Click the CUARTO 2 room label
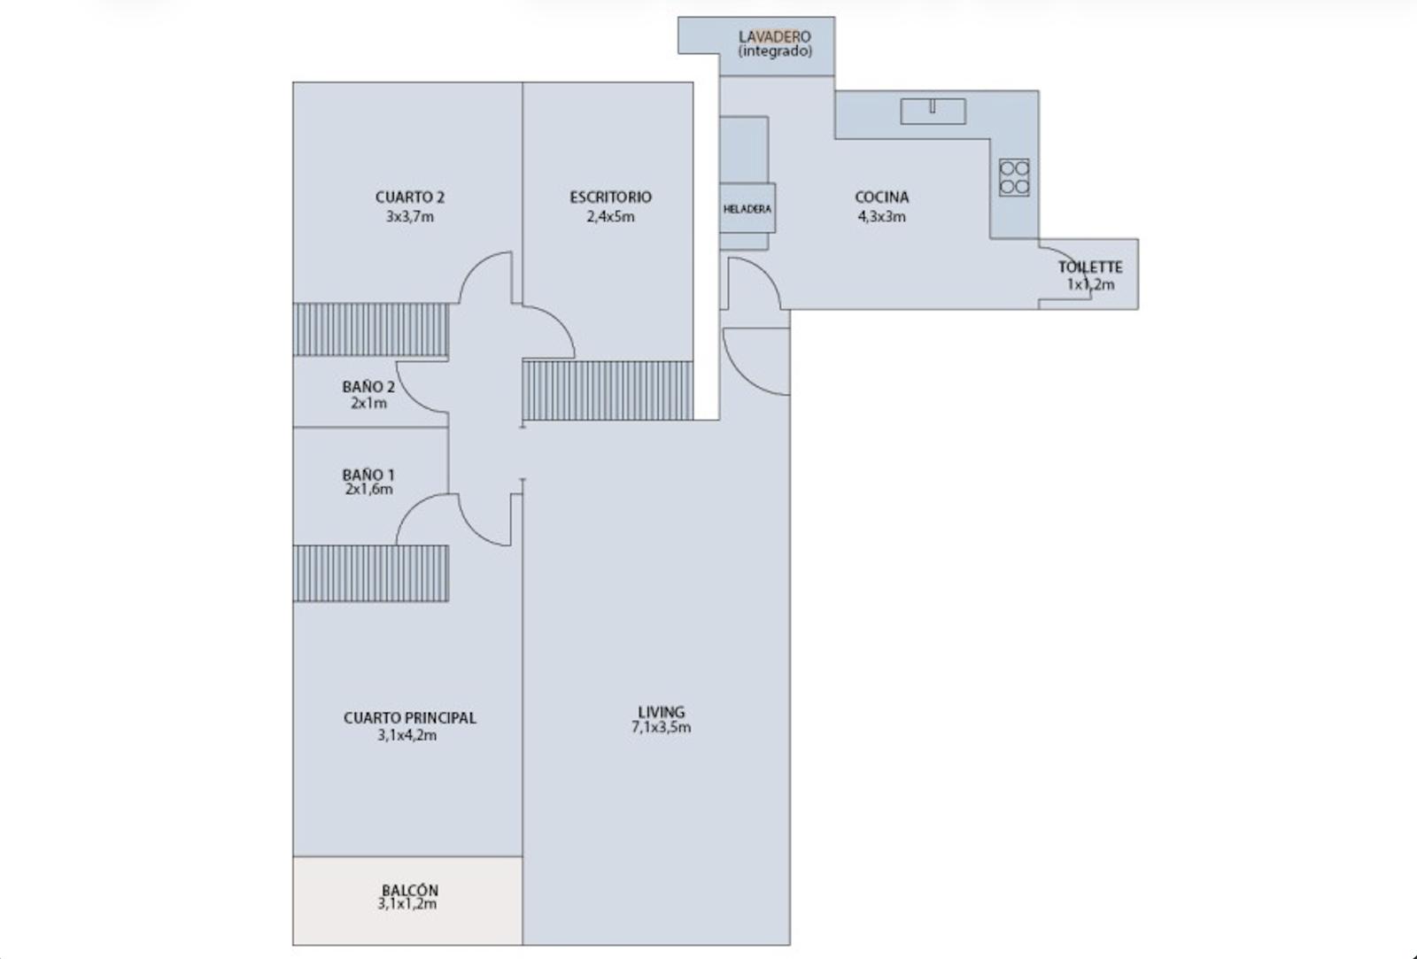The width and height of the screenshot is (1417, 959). [x=410, y=197]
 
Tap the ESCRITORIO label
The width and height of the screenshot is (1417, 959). [x=610, y=197]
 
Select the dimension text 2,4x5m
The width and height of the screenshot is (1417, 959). [x=610, y=217]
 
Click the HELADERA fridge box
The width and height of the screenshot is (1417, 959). [x=747, y=209]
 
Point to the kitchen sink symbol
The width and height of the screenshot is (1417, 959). [x=933, y=112]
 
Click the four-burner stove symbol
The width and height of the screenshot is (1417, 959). [x=1014, y=177]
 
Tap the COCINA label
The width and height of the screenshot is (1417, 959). [x=882, y=197]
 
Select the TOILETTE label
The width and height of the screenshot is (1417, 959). [x=1090, y=267]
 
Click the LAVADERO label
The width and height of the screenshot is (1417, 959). [x=775, y=36]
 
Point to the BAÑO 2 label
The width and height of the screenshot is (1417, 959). [x=368, y=386]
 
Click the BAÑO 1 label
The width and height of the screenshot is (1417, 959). [x=368, y=475]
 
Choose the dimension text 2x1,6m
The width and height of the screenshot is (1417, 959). [x=368, y=490]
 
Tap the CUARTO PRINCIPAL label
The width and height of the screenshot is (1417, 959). [x=410, y=718]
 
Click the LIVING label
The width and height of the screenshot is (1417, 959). [x=661, y=712]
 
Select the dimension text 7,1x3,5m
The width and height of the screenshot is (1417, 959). [x=661, y=728]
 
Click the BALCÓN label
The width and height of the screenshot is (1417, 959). [x=410, y=891]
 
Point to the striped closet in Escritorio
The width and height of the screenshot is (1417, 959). [x=608, y=391]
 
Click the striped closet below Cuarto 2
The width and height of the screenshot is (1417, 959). [x=371, y=329]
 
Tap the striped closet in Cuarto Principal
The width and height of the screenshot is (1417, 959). [x=371, y=573]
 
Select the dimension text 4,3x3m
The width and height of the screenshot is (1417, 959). [x=882, y=217]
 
